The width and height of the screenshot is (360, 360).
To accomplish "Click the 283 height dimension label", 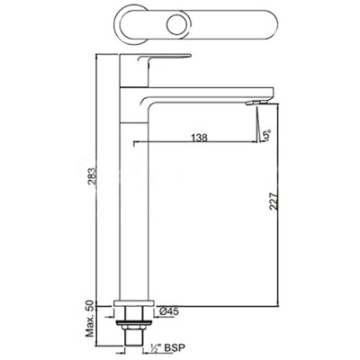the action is [93, 177].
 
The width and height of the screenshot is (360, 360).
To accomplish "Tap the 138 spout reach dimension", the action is [199, 138].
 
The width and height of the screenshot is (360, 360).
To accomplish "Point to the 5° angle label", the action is [266, 135].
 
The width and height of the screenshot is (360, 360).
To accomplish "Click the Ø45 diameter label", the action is [169, 311].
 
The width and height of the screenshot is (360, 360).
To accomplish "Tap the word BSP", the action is [175, 347].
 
